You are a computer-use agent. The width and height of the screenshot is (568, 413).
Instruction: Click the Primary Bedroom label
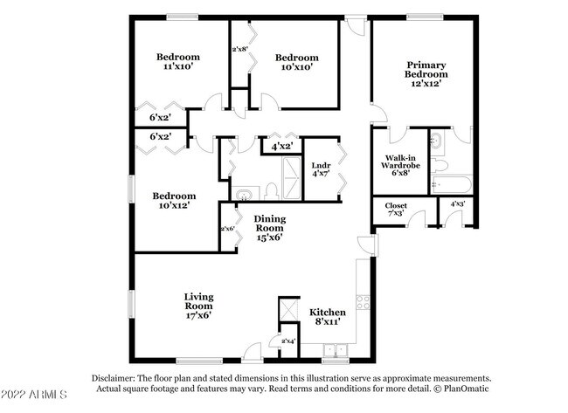[426, 70]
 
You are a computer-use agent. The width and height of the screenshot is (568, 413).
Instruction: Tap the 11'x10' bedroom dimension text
[177, 66]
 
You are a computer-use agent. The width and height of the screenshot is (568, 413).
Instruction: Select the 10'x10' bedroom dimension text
[297, 67]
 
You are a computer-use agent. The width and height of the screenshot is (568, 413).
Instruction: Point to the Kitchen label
[328, 313]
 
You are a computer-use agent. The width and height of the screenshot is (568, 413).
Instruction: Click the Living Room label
[199, 301]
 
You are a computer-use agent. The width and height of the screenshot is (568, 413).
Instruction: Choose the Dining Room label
[269, 224]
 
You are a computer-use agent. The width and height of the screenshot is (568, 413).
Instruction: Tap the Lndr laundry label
[321, 165]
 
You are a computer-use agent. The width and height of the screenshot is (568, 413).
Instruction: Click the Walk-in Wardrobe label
[400, 162]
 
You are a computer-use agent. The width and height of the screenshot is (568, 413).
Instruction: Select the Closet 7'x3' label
[396, 210]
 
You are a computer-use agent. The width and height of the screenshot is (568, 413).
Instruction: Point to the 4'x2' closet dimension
[282, 147]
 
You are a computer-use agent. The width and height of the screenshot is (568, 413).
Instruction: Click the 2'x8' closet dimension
[239, 49]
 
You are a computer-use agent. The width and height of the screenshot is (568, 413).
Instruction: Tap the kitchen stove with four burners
[363, 303]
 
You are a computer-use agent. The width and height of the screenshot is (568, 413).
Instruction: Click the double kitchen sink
[336, 350]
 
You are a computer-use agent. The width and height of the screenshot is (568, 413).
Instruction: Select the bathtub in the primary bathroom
[452, 185]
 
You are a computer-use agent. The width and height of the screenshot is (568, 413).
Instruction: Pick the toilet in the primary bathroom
[439, 165]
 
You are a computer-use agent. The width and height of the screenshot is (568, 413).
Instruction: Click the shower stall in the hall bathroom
[291, 178]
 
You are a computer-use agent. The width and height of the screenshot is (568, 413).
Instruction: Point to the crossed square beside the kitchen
[289, 310]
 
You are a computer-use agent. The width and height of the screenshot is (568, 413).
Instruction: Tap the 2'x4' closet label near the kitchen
[288, 341]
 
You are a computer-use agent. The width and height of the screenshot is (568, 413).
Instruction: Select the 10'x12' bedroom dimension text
[174, 205]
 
